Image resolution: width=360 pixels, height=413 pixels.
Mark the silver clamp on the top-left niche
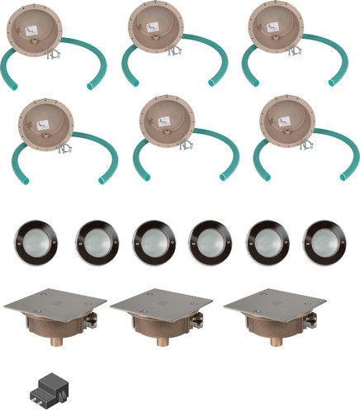(x=54, y=56)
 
